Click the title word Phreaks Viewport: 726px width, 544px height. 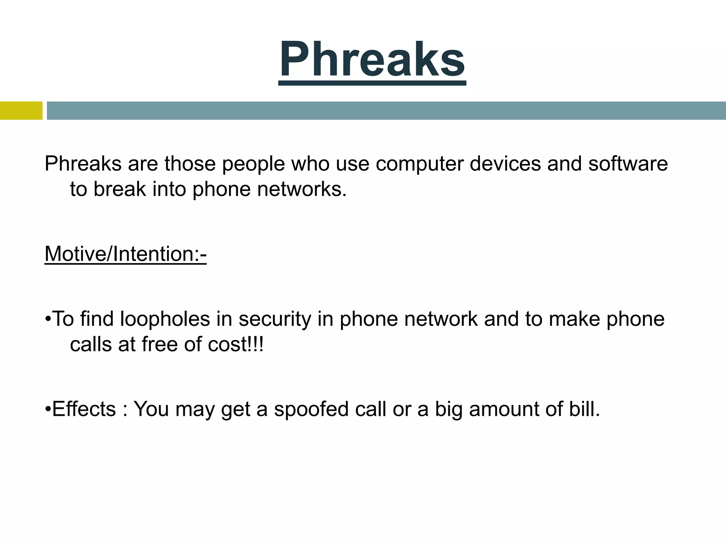point(372,59)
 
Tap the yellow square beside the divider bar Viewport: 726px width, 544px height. point(21,110)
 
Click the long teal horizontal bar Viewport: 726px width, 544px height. point(386,110)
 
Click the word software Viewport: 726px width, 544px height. point(628,164)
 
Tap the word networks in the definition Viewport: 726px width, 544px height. point(301,189)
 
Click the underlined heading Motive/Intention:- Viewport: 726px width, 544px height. point(125,254)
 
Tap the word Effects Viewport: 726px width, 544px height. point(84,409)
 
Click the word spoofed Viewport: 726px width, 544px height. point(311,409)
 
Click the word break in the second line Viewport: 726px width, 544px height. point(120,189)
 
